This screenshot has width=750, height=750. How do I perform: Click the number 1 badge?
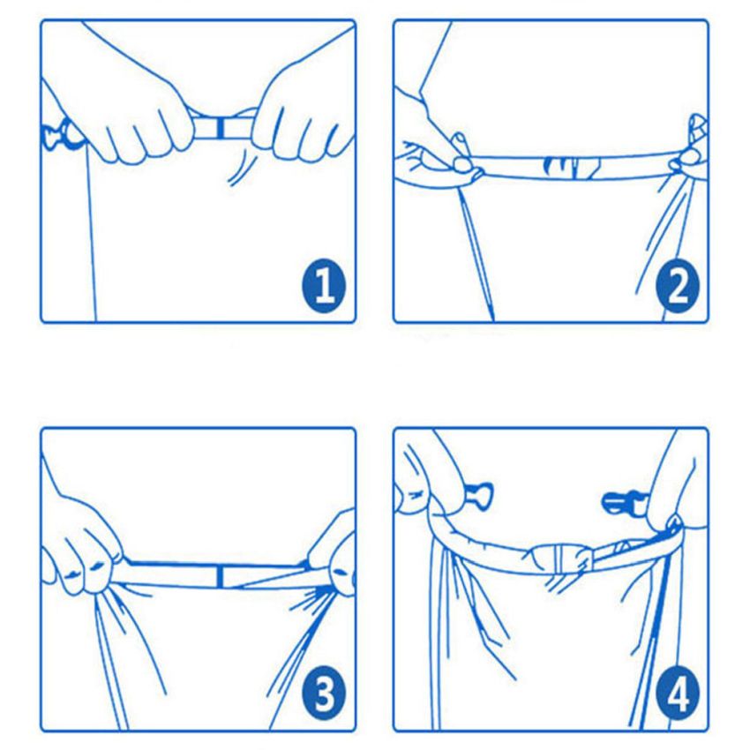point(324,286)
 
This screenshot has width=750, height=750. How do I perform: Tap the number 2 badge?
point(678,286)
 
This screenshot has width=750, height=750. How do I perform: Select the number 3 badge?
point(324,693)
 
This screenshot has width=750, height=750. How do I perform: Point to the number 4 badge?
point(678,693)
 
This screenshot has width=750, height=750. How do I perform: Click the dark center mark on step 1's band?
point(220,127)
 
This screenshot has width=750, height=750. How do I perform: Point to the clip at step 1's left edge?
point(57,134)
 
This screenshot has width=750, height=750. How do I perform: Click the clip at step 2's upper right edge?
point(697,128)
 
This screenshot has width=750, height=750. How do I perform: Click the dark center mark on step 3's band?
point(220,577)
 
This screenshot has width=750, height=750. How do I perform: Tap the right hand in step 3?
point(333,559)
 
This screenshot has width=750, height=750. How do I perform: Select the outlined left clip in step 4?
point(478,495)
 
